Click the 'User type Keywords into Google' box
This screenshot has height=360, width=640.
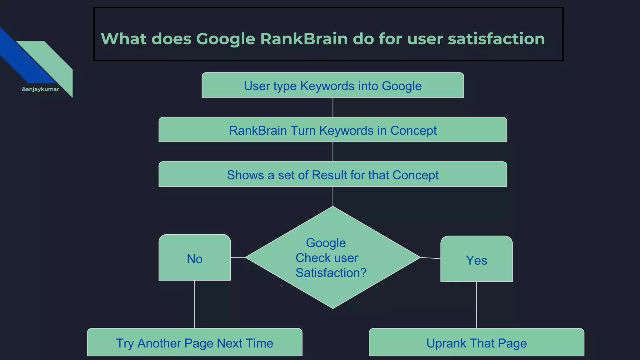click(x=332, y=85)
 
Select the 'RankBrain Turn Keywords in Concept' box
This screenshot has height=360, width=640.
click(x=332, y=130)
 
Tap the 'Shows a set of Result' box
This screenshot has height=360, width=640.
click(x=332, y=174)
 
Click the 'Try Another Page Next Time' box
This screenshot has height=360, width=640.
click(x=194, y=342)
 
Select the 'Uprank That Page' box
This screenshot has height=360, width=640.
click(x=476, y=342)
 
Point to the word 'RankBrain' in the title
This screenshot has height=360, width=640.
click(x=304, y=39)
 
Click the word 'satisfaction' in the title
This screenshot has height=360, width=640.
click(x=496, y=39)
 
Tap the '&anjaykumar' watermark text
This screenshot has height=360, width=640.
click(x=40, y=89)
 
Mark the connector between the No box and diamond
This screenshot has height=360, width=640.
click(x=238, y=257)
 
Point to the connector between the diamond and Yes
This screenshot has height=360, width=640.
click(x=430, y=258)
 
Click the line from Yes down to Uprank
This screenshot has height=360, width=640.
click(x=477, y=305)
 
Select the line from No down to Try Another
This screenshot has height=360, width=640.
click(x=195, y=304)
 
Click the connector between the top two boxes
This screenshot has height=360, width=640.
click(x=333, y=107)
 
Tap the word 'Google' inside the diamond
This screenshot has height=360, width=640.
click(x=326, y=243)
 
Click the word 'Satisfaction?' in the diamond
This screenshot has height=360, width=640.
click(x=331, y=273)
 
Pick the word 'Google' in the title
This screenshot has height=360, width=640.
click(x=226, y=39)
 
